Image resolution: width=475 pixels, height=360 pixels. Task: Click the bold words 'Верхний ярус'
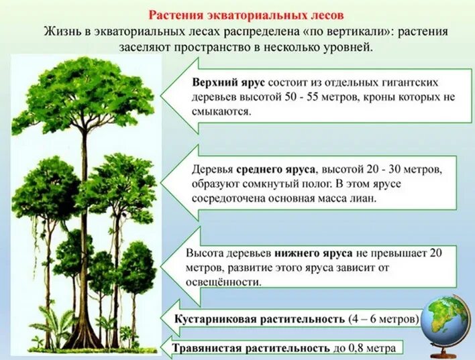coord(228,82)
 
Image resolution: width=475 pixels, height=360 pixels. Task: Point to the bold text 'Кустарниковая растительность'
coord(260,318)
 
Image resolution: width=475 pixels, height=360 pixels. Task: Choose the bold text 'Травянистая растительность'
coord(251,349)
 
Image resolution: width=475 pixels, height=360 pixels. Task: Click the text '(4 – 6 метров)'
coord(384,318)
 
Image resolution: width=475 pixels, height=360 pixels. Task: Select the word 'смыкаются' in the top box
coord(222,112)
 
